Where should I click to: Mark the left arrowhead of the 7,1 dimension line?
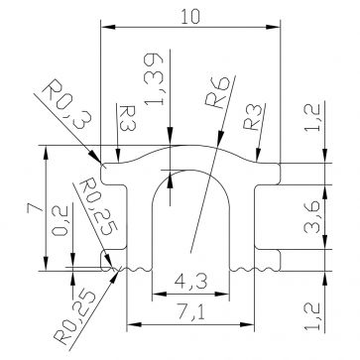(132, 325)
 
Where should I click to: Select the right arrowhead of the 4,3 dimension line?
(227, 295)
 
